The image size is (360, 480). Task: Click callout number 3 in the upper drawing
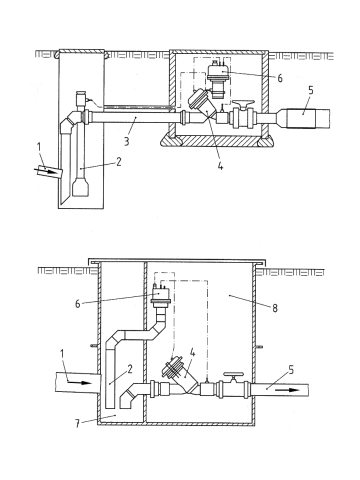click(126, 141)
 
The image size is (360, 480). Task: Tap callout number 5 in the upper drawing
click(311, 91)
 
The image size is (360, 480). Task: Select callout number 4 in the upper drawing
click(220, 165)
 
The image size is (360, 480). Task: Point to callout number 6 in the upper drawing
click(280, 78)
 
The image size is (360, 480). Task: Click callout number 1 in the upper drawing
click(39, 147)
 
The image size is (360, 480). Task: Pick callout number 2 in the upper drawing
click(119, 161)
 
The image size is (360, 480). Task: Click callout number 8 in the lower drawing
click(275, 308)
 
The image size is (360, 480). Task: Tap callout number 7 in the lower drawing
click(77, 424)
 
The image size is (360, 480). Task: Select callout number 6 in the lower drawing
click(77, 304)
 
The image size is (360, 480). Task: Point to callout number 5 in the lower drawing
click(291, 370)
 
